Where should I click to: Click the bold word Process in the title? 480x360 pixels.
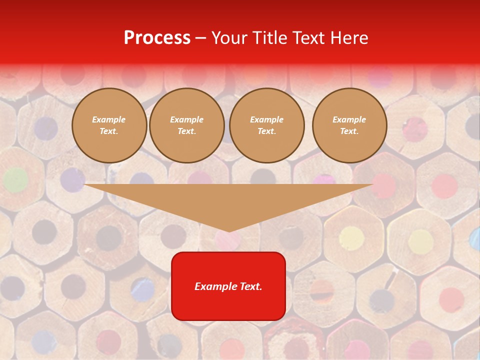[x=157, y=38]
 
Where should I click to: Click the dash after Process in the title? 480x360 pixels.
[x=201, y=38]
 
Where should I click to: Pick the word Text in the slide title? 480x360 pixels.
[x=310, y=38]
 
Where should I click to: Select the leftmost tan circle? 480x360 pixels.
[x=109, y=125]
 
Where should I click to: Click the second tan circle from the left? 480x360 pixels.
[x=187, y=125]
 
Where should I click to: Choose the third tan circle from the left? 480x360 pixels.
[x=266, y=125]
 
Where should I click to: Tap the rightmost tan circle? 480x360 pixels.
[x=349, y=125]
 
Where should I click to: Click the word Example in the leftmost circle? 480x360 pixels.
[x=109, y=120]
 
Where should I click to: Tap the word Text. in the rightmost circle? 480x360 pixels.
[x=349, y=131]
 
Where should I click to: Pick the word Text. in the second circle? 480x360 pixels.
[x=187, y=131]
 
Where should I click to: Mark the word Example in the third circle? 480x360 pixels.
[x=266, y=120]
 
